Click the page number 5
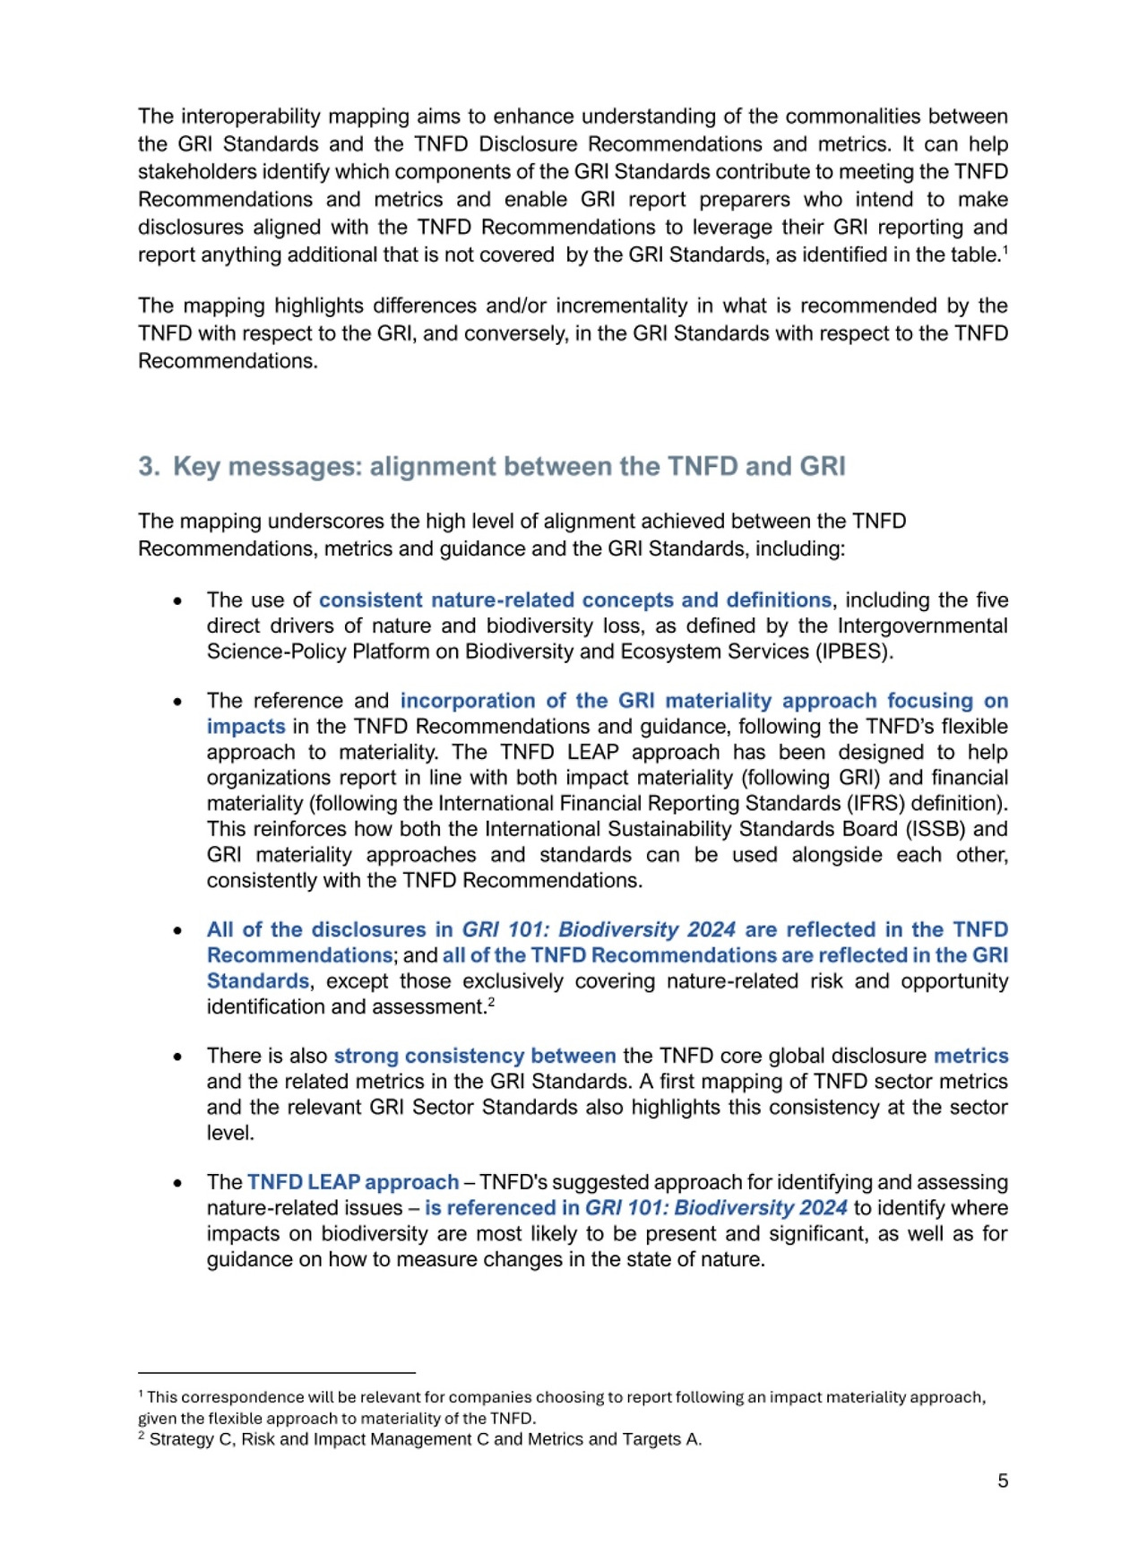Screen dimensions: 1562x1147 pos(1003,1481)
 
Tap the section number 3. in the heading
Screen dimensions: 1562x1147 pos(149,467)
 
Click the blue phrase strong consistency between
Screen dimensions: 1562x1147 pos(475,1056)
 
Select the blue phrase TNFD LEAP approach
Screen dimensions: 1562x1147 pos(353,1182)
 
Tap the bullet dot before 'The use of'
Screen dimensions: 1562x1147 pos(177,601)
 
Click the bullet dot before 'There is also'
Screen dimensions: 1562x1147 pos(177,1057)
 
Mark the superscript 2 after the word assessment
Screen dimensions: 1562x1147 pos(491,1002)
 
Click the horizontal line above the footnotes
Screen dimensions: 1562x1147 pos(276,1372)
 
